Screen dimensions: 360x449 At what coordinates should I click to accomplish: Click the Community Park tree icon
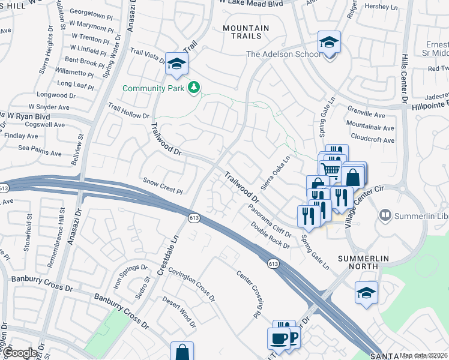pos(194,88)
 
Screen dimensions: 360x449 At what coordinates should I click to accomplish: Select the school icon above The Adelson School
pos(329,43)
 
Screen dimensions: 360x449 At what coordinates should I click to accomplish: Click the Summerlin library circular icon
pos(385,214)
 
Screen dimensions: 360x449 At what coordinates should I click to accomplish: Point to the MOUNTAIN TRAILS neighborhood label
pos(246,32)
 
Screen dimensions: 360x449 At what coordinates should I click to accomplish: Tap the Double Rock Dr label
pos(270,235)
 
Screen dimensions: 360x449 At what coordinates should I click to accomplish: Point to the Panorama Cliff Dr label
pos(270,220)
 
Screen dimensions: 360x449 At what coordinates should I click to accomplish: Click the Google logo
pos(20,353)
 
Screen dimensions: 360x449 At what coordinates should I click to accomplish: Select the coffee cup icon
pos(280,338)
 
